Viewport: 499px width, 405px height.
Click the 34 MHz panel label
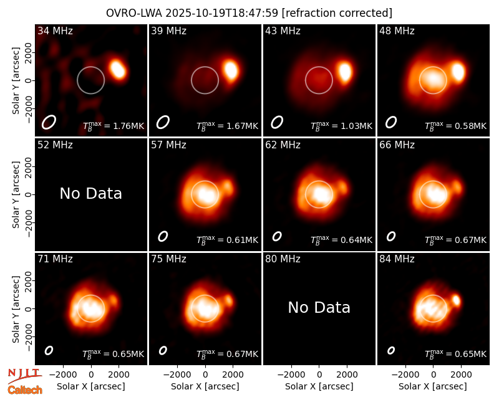pyautogui.click(x=55, y=31)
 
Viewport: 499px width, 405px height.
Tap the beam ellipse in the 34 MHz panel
pyautogui.click(x=49, y=122)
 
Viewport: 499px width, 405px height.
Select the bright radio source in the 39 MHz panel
pyautogui.click(x=231, y=70)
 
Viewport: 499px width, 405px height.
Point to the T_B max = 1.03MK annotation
pyautogui.click(x=341, y=126)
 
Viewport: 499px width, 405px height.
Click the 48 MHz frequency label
pyautogui.click(x=397, y=31)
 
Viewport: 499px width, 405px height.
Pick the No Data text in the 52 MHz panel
pyautogui.click(x=91, y=193)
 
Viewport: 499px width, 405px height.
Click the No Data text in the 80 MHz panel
pyautogui.click(x=319, y=307)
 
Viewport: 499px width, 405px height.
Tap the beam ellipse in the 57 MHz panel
pyautogui.click(x=163, y=236)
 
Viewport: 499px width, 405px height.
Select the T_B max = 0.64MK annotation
pyautogui.click(x=341, y=240)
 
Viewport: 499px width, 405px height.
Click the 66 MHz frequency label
pyautogui.click(x=397, y=145)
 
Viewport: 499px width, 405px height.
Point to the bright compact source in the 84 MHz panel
pyautogui.click(x=457, y=300)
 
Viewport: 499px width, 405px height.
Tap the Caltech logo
pyautogui.click(x=25, y=390)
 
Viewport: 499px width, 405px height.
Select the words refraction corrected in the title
pyautogui.click(x=337, y=13)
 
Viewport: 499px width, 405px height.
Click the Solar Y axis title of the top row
pyautogui.click(x=16, y=81)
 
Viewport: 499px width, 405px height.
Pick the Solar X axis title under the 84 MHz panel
pyautogui.click(x=433, y=386)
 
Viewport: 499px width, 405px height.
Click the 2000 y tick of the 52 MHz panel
pyautogui.click(x=28, y=166)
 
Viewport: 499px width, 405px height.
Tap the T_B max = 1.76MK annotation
pyautogui.click(x=114, y=126)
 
